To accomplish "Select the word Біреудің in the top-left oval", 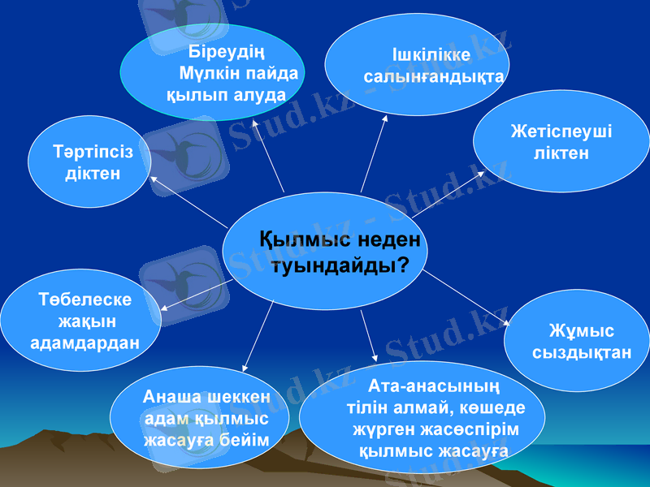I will click(222, 52).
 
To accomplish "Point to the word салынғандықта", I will click(434, 77).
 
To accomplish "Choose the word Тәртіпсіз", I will click(93, 152).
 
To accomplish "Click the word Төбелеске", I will click(85, 300).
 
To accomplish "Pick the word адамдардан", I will click(84, 342).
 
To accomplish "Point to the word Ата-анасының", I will click(434, 385).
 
